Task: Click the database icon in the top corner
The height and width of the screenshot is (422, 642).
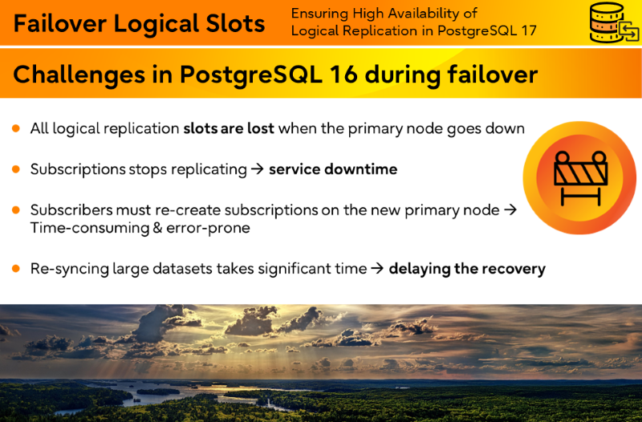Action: [614, 22]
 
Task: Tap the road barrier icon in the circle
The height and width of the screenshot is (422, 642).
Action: [580, 178]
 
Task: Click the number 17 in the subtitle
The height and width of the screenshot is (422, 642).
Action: [529, 30]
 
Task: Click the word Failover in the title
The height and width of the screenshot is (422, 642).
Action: [60, 23]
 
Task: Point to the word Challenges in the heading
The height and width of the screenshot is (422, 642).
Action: [79, 75]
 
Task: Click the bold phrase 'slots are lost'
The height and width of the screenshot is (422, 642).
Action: [229, 128]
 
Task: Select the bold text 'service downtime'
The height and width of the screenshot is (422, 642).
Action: [333, 169]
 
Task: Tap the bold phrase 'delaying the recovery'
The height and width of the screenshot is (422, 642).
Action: [467, 269]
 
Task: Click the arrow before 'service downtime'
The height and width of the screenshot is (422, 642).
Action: [257, 169]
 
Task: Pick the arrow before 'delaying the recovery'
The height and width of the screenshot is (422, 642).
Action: [377, 269]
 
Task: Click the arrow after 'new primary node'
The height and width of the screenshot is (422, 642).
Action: [510, 210]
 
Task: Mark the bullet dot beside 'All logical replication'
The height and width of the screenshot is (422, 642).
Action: [16, 128]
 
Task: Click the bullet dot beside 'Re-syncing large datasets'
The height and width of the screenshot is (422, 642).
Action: [16, 269]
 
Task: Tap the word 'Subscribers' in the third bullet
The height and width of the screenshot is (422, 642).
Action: [71, 210]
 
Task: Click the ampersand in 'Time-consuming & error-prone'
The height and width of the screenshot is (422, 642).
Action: [157, 228]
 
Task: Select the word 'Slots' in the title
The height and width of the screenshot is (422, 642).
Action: [235, 23]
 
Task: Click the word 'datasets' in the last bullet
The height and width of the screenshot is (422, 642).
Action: [182, 269]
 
